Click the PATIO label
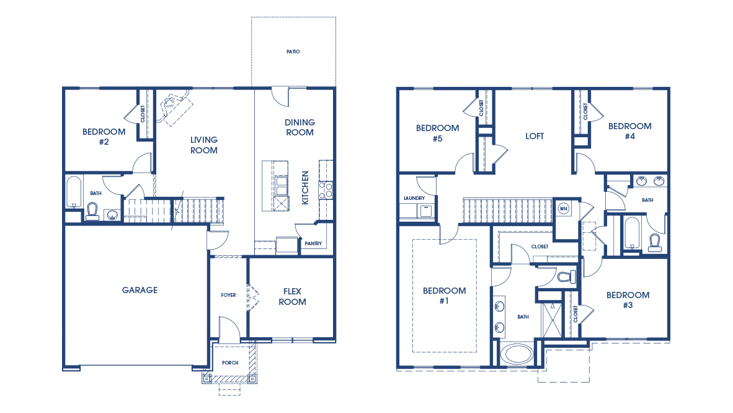point(293,52)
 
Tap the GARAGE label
point(140,290)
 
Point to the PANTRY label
point(313,243)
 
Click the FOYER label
point(228,295)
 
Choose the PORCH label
point(230,362)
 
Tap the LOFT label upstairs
point(535,136)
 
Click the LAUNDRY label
point(414,198)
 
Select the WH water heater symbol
point(564,208)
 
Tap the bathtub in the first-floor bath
point(74,193)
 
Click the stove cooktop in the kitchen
point(326,189)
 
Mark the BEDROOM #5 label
point(437,134)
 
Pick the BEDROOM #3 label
point(628,300)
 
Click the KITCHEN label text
point(305,188)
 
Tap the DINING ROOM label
point(300,127)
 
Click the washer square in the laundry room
point(426,211)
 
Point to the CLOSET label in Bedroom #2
point(143,114)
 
